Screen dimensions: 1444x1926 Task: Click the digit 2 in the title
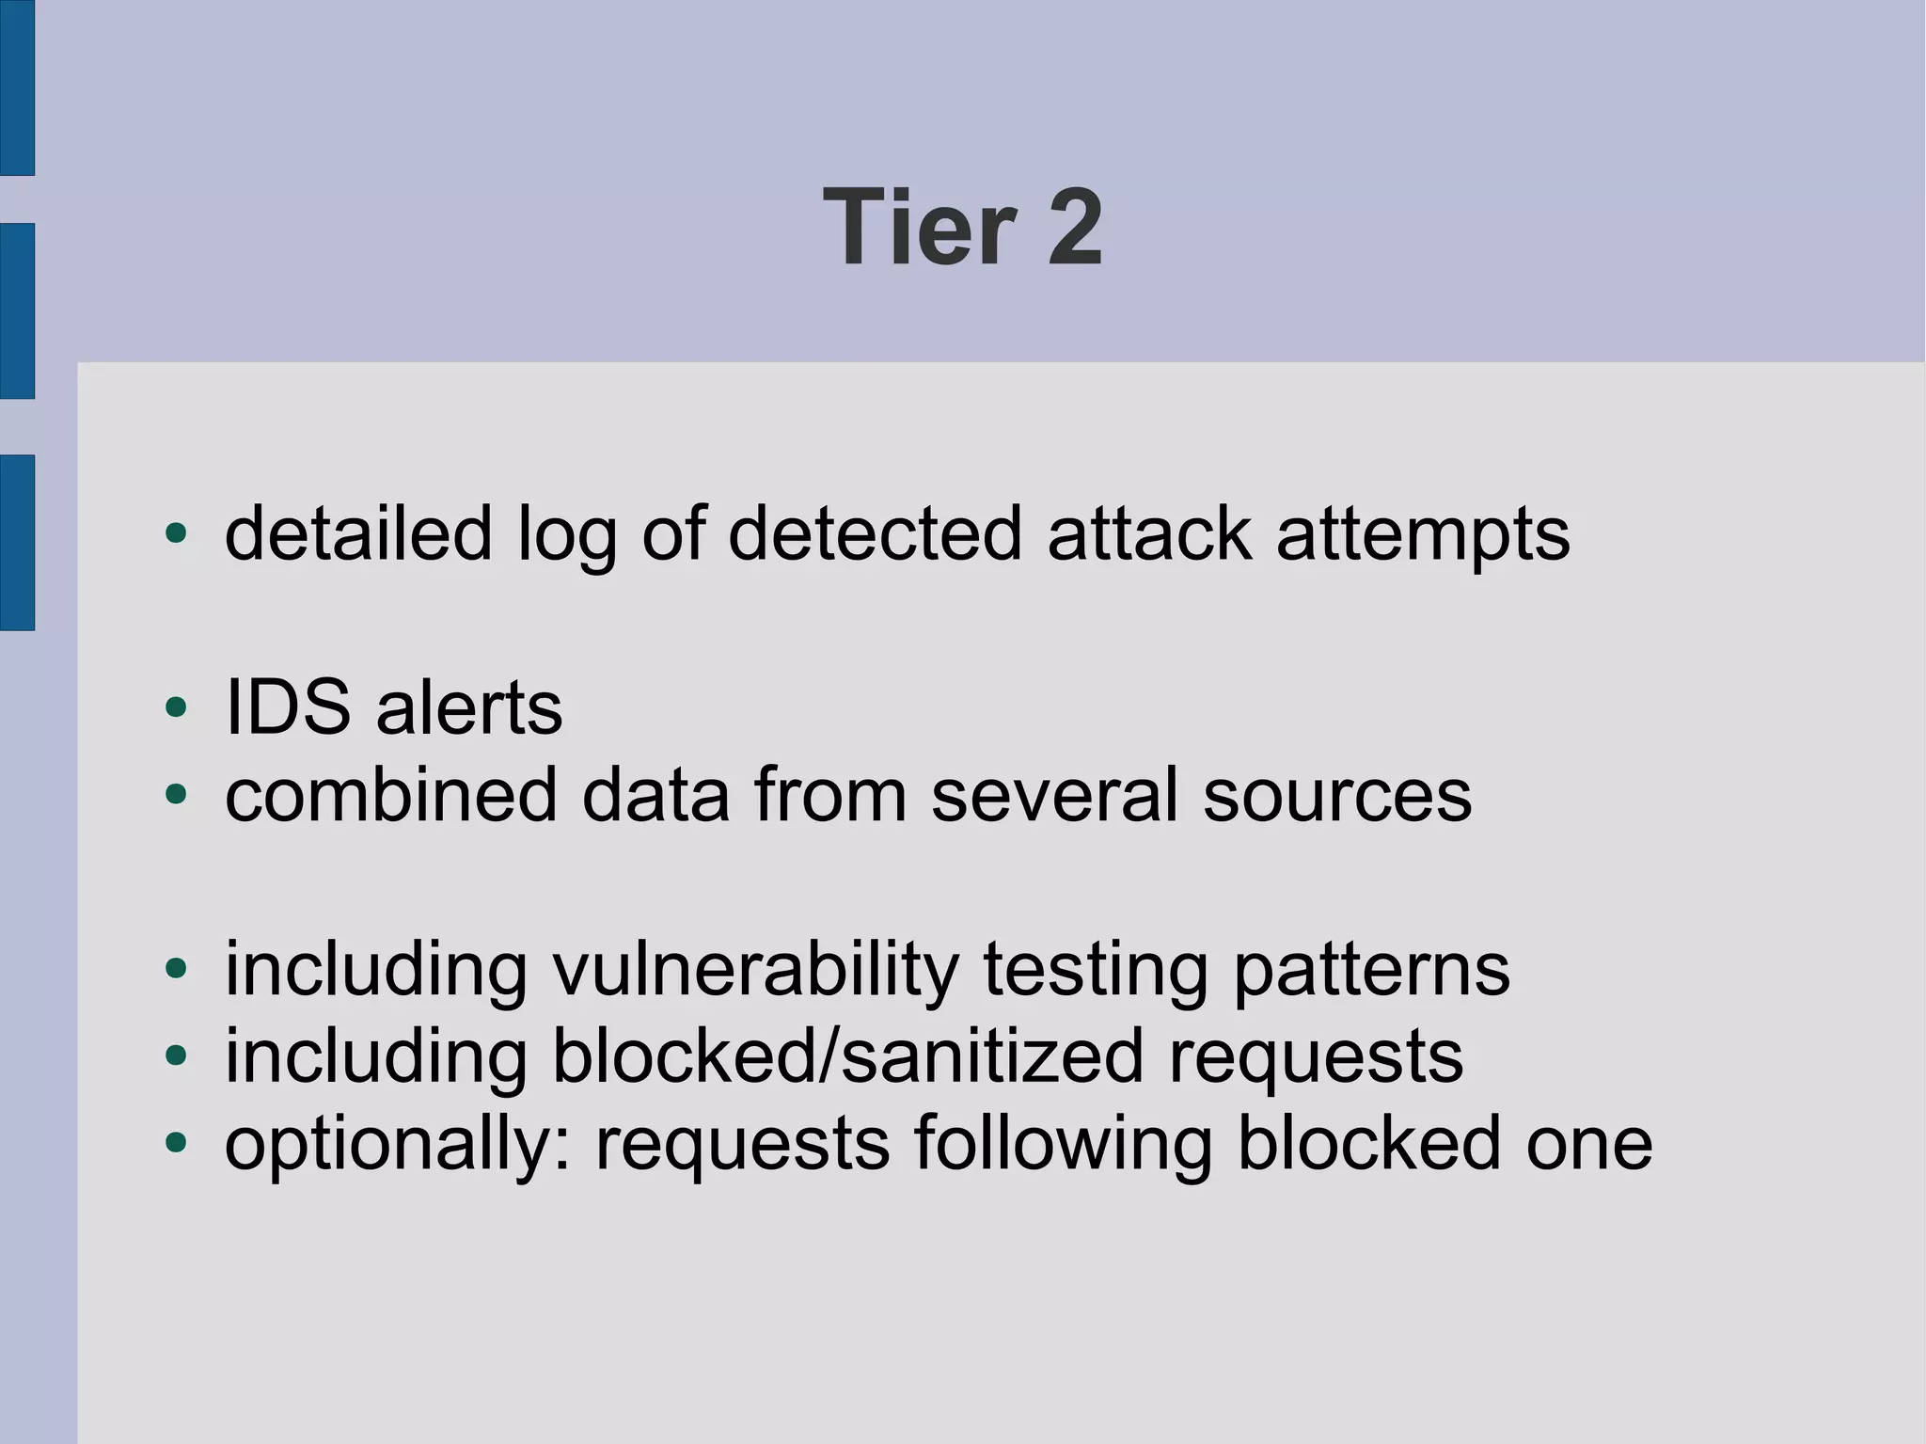point(1075,228)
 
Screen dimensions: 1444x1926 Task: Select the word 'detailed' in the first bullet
point(358,533)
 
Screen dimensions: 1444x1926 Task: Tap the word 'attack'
point(1149,533)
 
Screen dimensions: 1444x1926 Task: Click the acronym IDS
point(288,707)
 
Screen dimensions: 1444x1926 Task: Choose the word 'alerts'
point(469,707)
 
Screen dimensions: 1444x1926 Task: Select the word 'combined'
point(391,795)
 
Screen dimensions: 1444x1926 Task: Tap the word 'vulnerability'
point(755,971)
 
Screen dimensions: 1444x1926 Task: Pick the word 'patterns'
point(1371,971)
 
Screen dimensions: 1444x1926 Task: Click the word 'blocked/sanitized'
point(847,1055)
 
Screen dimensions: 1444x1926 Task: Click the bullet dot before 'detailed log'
point(176,533)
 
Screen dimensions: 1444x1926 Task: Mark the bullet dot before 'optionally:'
point(176,1143)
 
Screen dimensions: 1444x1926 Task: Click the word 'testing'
point(1095,971)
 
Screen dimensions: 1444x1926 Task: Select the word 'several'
point(1054,795)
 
